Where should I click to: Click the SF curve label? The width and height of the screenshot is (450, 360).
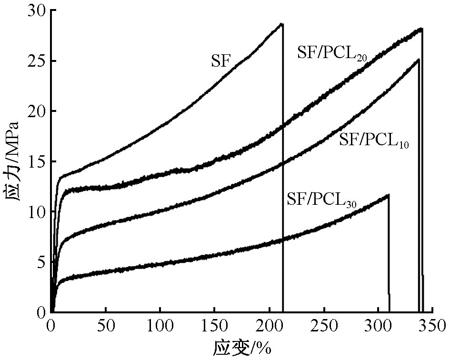pos(221,61)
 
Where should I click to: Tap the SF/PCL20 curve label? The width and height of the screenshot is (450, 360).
pos(332,53)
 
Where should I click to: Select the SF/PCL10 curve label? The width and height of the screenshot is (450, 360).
pos(374,140)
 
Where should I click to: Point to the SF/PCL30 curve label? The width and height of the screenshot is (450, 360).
pos(322,199)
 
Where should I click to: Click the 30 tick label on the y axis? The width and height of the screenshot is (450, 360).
pos(37,10)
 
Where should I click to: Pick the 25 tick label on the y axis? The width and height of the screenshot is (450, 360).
pos(37,61)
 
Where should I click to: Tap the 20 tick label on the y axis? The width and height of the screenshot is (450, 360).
pos(37,111)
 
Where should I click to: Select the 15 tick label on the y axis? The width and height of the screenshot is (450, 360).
pos(37,161)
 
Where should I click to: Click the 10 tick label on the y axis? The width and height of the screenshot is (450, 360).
pos(37,211)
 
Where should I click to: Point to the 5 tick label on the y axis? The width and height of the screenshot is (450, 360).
pos(41,262)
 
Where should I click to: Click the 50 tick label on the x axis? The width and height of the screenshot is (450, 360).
pos(106,326)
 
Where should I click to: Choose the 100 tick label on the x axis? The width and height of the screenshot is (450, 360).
pos(160,326)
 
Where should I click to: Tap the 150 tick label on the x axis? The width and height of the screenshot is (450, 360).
pos(214,326)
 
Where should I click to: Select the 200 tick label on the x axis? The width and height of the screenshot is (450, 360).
pos(269,326)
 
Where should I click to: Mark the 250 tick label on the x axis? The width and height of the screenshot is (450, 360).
pos(324,326)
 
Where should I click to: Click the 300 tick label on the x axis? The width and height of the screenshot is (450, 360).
pos(379,326)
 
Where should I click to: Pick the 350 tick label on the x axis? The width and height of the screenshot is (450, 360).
pos(432,326)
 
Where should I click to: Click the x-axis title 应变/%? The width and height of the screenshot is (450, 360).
pos(241,348)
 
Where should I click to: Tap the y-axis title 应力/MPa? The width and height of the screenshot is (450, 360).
pos(12,161)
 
